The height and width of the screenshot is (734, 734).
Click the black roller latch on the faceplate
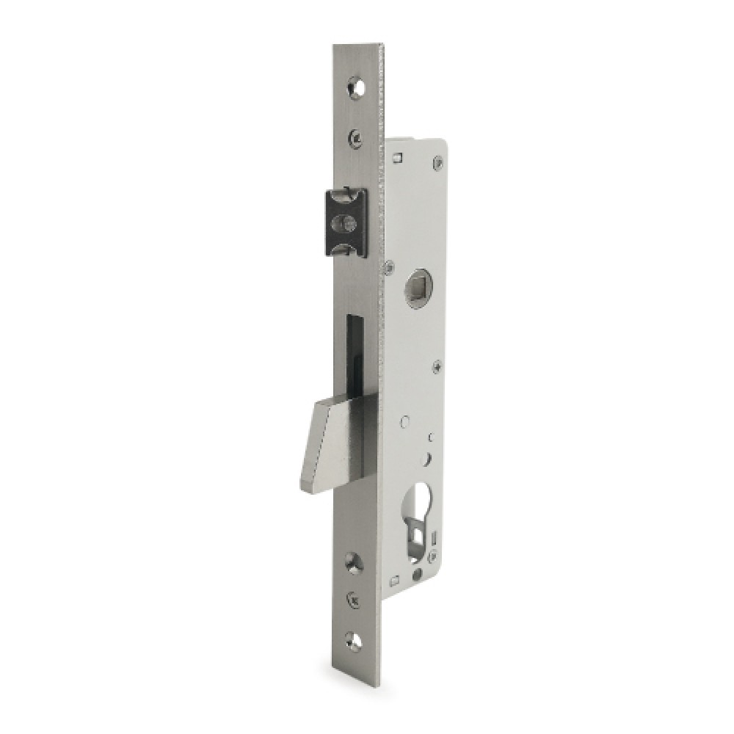(x=344, y=222)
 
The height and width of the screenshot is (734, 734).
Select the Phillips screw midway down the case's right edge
(x=437, y=364)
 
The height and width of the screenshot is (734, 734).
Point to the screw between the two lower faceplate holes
(x=355, y=599)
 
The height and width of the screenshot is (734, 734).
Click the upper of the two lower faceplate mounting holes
(x=355, y=560)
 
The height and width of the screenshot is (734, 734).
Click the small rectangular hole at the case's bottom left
(x=396, y=581)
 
